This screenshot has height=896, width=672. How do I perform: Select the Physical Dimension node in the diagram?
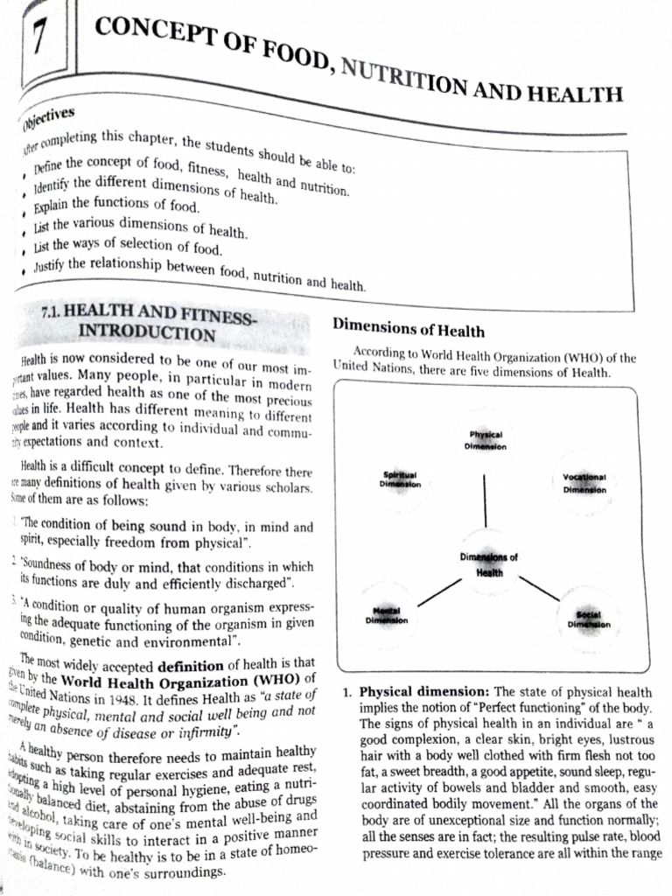485,440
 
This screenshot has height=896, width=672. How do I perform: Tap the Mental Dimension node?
386,615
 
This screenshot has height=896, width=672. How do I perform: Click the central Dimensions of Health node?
488,563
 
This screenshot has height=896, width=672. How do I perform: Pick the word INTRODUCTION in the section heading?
146,333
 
